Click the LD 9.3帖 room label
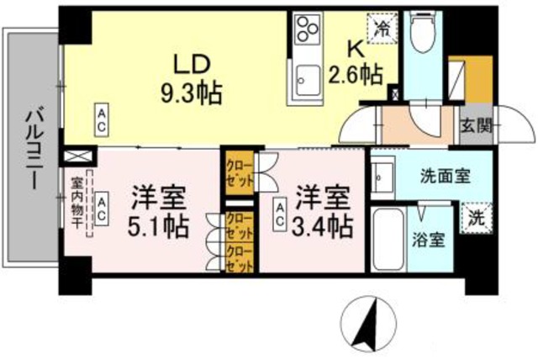click(191, 77)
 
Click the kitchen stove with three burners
click(308, 32)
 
